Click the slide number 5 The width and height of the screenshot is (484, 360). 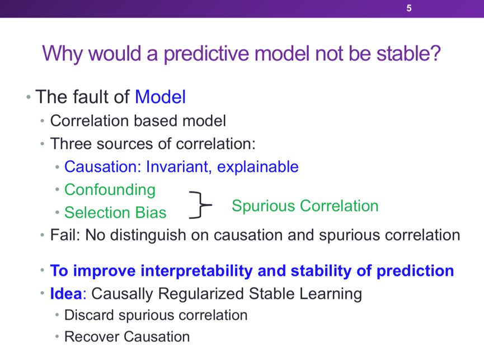[409, 8]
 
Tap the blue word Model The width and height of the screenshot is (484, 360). [160, 97]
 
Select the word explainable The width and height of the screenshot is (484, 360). [258, 167]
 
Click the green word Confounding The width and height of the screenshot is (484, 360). [110, 190]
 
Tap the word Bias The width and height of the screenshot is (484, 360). [151, 212]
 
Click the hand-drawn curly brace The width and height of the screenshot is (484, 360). [201, 205]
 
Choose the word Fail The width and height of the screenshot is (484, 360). [65, 235]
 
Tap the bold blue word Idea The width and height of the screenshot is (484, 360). [66, 293]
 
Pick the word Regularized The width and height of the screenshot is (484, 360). [201, 294]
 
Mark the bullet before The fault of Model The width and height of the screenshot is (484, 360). [29, 97]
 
